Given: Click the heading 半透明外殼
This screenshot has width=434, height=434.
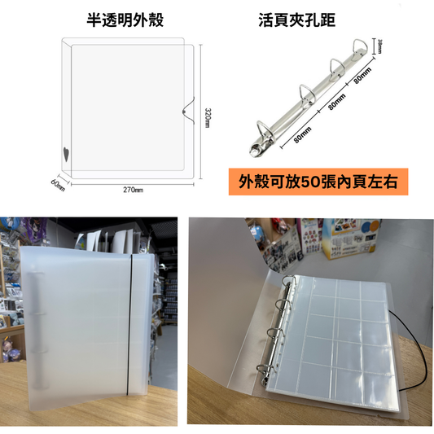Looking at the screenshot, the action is point(125,20).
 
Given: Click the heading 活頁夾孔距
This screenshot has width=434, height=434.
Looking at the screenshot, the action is point(296,20).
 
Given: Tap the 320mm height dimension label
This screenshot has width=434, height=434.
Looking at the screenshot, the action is point(208,118).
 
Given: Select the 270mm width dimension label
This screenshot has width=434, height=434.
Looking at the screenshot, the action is point(134,190).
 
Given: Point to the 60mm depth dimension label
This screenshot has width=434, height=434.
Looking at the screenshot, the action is point(58,185).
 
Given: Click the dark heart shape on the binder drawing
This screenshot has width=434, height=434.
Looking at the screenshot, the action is point(66,155).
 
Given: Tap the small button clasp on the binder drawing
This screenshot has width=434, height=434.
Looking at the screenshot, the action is point(184,112).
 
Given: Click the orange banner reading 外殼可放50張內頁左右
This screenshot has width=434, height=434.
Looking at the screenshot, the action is point(318,182).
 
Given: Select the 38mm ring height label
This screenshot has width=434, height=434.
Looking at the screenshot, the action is point(380,46).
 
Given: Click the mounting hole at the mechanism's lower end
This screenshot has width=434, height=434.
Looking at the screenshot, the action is point(254,151).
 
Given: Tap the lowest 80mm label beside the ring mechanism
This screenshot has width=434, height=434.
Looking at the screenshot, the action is point(302,135).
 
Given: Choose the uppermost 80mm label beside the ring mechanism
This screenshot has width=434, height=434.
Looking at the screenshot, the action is point(362,76).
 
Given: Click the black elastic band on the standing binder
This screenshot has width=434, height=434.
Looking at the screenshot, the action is point(129,324).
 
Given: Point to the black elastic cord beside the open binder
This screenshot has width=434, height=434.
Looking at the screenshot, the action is point(410,350).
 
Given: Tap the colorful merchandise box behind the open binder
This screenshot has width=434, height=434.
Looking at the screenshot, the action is point(349,239).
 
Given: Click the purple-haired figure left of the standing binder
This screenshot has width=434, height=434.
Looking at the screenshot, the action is point(9,349).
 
